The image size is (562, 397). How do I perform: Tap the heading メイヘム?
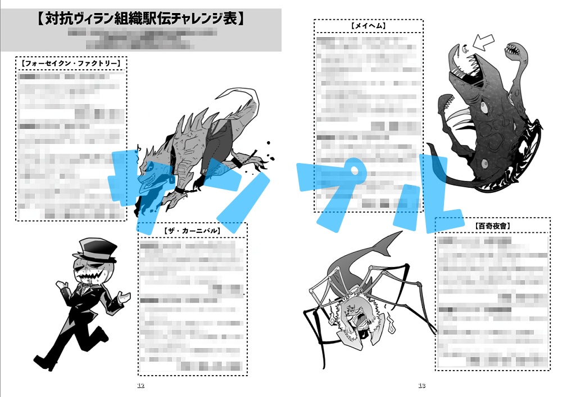coord(368,26)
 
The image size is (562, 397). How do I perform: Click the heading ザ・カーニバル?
coord(192,231)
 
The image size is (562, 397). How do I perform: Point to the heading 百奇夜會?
coord(492,225)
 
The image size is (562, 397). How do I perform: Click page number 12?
coord(140,386)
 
